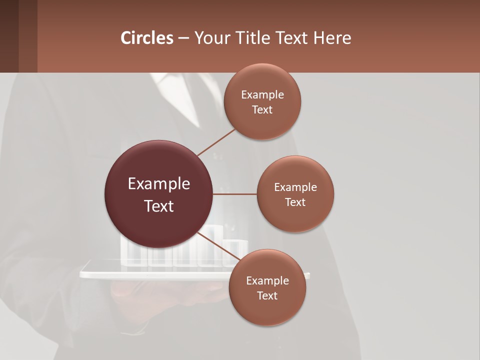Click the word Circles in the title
(146, 38)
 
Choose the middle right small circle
(295, 215)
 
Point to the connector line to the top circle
(216, 141)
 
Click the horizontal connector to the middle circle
(235, 194)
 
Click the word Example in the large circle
(159, 184)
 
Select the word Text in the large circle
(159, 206)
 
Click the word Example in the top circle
(262, 95)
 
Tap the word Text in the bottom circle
(267, 296)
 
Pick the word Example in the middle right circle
(295, 187)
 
